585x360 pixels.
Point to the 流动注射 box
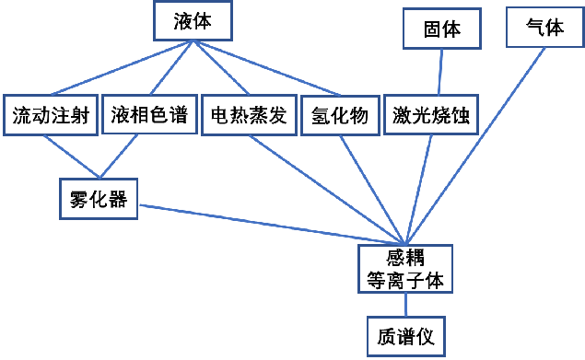click(x=50, y=116)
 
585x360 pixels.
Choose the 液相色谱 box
click(x=148, y=116)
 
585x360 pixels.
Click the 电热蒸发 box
click(x=248, y=116)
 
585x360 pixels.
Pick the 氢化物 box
click(x=338, y=116)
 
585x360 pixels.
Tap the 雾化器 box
click(x=98, y=198)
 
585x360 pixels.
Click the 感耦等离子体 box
click(x=405, y=268)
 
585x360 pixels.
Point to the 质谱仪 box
click(x=405, y=336)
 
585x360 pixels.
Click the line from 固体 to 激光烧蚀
click(x=440, y=72)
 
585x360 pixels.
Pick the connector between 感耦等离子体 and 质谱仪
click(x=405, y=304)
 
